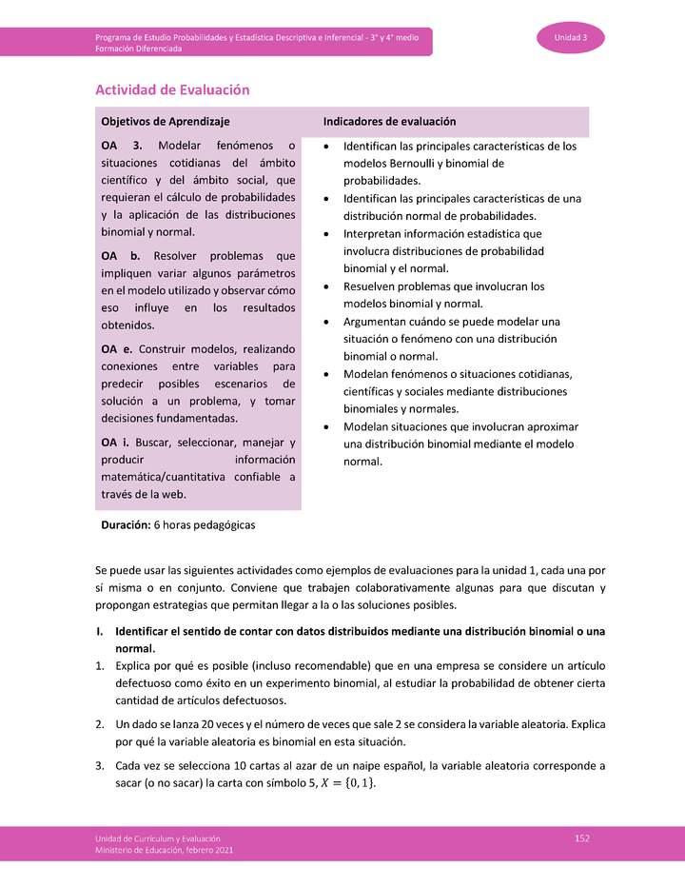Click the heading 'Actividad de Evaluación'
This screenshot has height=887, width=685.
point(172,89)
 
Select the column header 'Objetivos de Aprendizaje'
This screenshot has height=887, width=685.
point(165,122)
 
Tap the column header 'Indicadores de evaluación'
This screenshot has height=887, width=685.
point(389,122)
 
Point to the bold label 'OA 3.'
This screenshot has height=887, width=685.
point(121,146)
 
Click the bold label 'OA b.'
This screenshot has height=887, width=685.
point(120,256)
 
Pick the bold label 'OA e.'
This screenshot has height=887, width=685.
point(120,349)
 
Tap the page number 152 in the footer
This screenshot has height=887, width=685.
point(582,837)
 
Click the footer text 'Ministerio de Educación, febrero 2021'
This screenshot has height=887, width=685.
point(163,850)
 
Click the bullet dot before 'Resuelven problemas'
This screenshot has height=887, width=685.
point(326,286)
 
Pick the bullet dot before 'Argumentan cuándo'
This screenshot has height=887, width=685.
point(326,321)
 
